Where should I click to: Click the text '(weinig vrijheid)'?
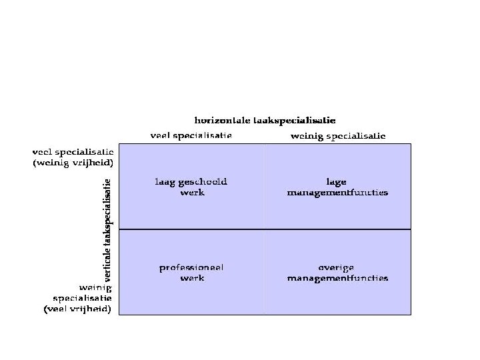tap(73, 162)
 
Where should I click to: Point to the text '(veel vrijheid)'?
tap(78, 309)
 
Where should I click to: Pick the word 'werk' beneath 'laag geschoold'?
tap(192, 192)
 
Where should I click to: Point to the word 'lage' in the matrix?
tap(337, 181)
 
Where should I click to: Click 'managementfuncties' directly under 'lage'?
tap(337, 192)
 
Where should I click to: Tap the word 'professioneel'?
tap(191, 267)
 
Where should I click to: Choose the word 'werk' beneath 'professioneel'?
tap(192, 278)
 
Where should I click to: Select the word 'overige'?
tap(337, 267)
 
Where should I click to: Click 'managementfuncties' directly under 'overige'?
tap(337, 278)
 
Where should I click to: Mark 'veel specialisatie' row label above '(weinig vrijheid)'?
tap(73, 152)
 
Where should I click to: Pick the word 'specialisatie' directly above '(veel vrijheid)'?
tap(82, 298)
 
